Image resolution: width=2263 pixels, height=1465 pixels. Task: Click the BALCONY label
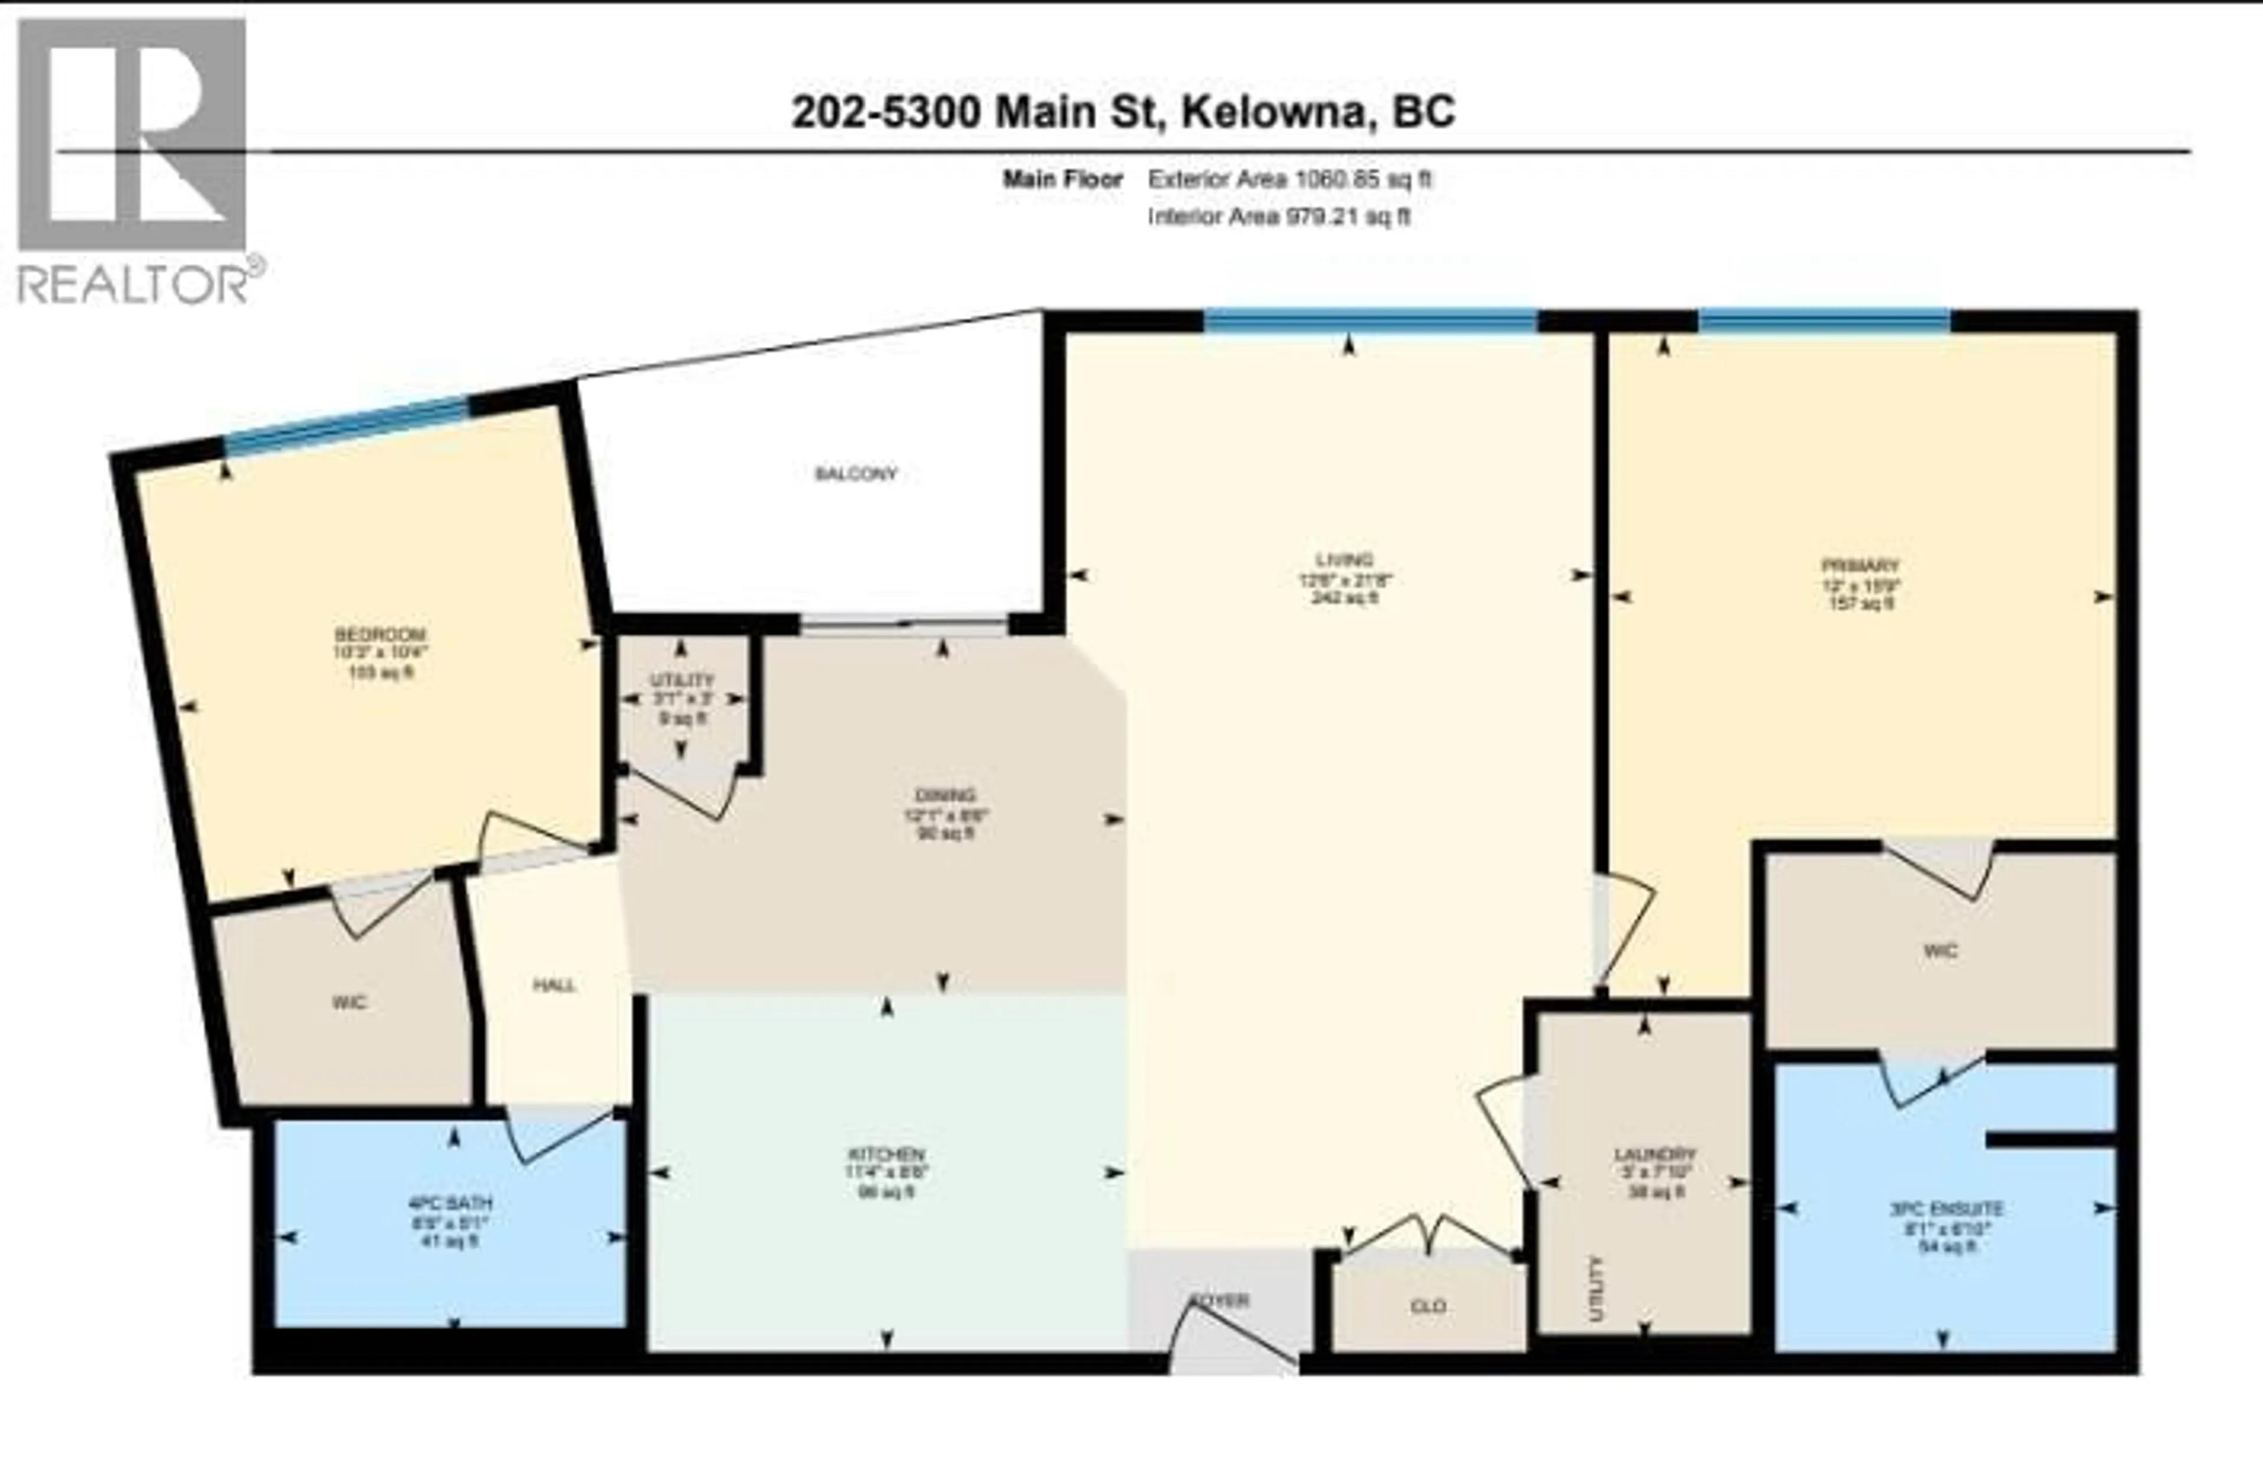point(856,473)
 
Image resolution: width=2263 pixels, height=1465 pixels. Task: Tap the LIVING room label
point(1344,560)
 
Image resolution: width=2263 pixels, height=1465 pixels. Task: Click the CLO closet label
point(1429,1306)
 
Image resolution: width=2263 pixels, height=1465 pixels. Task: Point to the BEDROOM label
point(380,634)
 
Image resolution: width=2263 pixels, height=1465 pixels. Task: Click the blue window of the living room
point(1370,321)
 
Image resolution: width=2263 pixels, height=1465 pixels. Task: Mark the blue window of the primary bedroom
point(1824,321)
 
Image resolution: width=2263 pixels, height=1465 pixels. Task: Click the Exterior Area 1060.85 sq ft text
point(1289,179)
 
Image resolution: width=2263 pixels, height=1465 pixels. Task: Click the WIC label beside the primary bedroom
point(1939,951)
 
